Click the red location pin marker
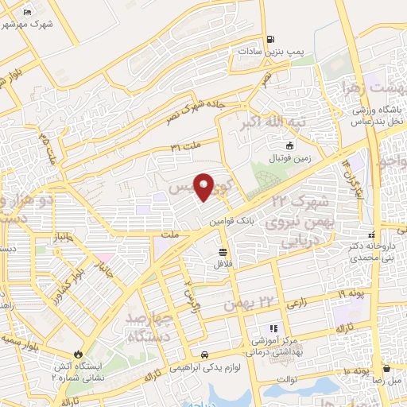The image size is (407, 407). pos(203,187)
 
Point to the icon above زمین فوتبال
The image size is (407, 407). pos(289,145)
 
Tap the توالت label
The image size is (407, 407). pos(287,379)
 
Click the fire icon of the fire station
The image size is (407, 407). pos(79,354)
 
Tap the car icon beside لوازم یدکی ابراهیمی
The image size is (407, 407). pos(205,355)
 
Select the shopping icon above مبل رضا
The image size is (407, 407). pos(386,368)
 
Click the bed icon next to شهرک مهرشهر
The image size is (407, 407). pos(26,13)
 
